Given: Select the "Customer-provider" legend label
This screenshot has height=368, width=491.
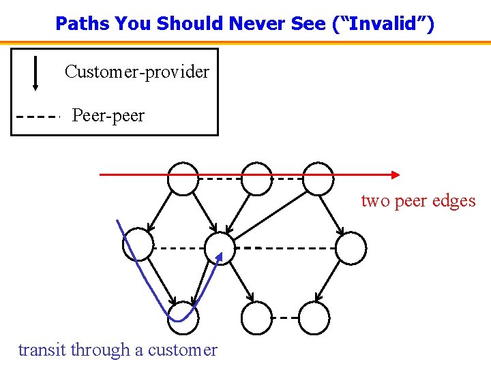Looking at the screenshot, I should point(137,72).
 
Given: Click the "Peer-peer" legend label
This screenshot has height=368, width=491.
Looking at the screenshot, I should point(108,115).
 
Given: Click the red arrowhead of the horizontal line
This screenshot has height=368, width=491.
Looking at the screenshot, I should point(395,174).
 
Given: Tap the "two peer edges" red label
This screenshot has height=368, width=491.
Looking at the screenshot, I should point(418,201).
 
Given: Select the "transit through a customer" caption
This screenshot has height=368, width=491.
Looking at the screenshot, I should point(118,350).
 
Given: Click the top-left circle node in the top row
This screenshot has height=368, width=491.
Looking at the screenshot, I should point(183,179).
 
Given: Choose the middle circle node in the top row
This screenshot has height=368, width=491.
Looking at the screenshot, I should point(256,179).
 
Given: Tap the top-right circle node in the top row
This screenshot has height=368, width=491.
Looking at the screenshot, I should point(318,179).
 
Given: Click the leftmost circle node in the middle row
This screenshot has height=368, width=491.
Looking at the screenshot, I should point(138,245).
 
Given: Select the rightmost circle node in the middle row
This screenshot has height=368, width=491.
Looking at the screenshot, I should point(351,248).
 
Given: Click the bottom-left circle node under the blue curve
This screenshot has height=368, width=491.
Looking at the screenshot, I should point(183,318).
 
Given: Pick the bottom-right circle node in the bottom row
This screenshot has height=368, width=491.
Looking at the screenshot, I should point(314,318).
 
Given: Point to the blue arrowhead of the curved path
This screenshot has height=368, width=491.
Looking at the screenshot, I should point(220,256).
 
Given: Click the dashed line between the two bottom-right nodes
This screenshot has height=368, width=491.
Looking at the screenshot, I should point(285,318).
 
